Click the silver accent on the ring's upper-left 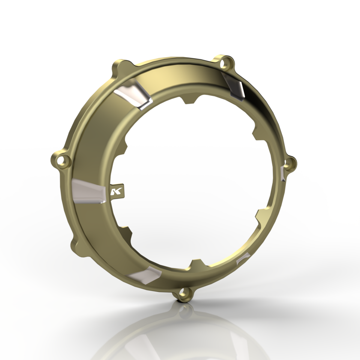coord(133,94)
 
